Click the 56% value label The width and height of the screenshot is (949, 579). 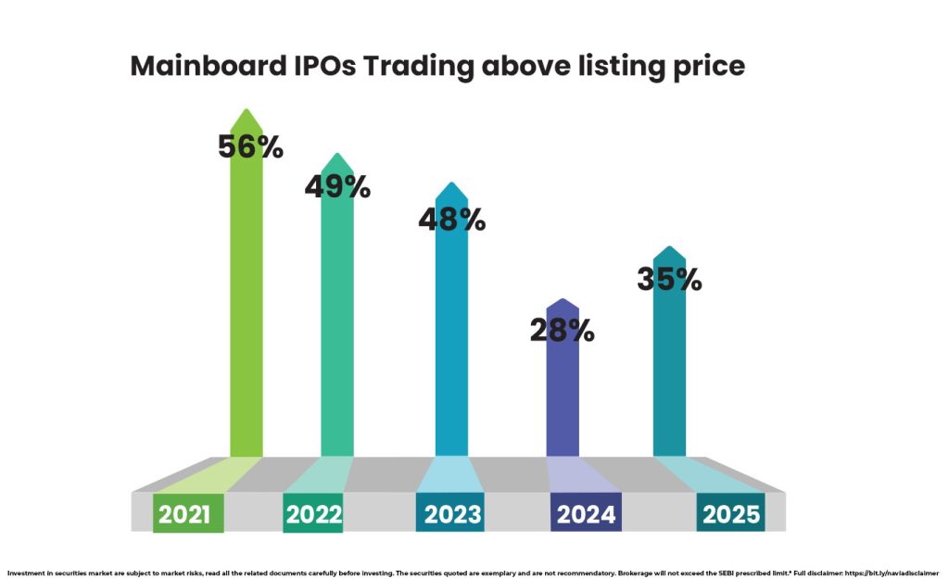click(x=250, y=146)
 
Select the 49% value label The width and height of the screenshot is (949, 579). click(x=337, y=186)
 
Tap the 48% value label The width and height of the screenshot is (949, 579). click(x=451, y=220)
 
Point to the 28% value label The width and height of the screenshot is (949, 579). click(x=562, y=330)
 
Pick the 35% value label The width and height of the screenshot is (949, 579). click(x=669, y=279)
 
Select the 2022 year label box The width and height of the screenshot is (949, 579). click(x=313, y=514)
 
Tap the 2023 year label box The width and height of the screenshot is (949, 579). click(x=450, y=514)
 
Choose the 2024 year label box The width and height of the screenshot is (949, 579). click(x=586, y=514)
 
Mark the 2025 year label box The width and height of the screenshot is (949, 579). click(x=731, y=514)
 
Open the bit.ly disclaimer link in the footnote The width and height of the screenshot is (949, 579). click(x=891, y=573)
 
